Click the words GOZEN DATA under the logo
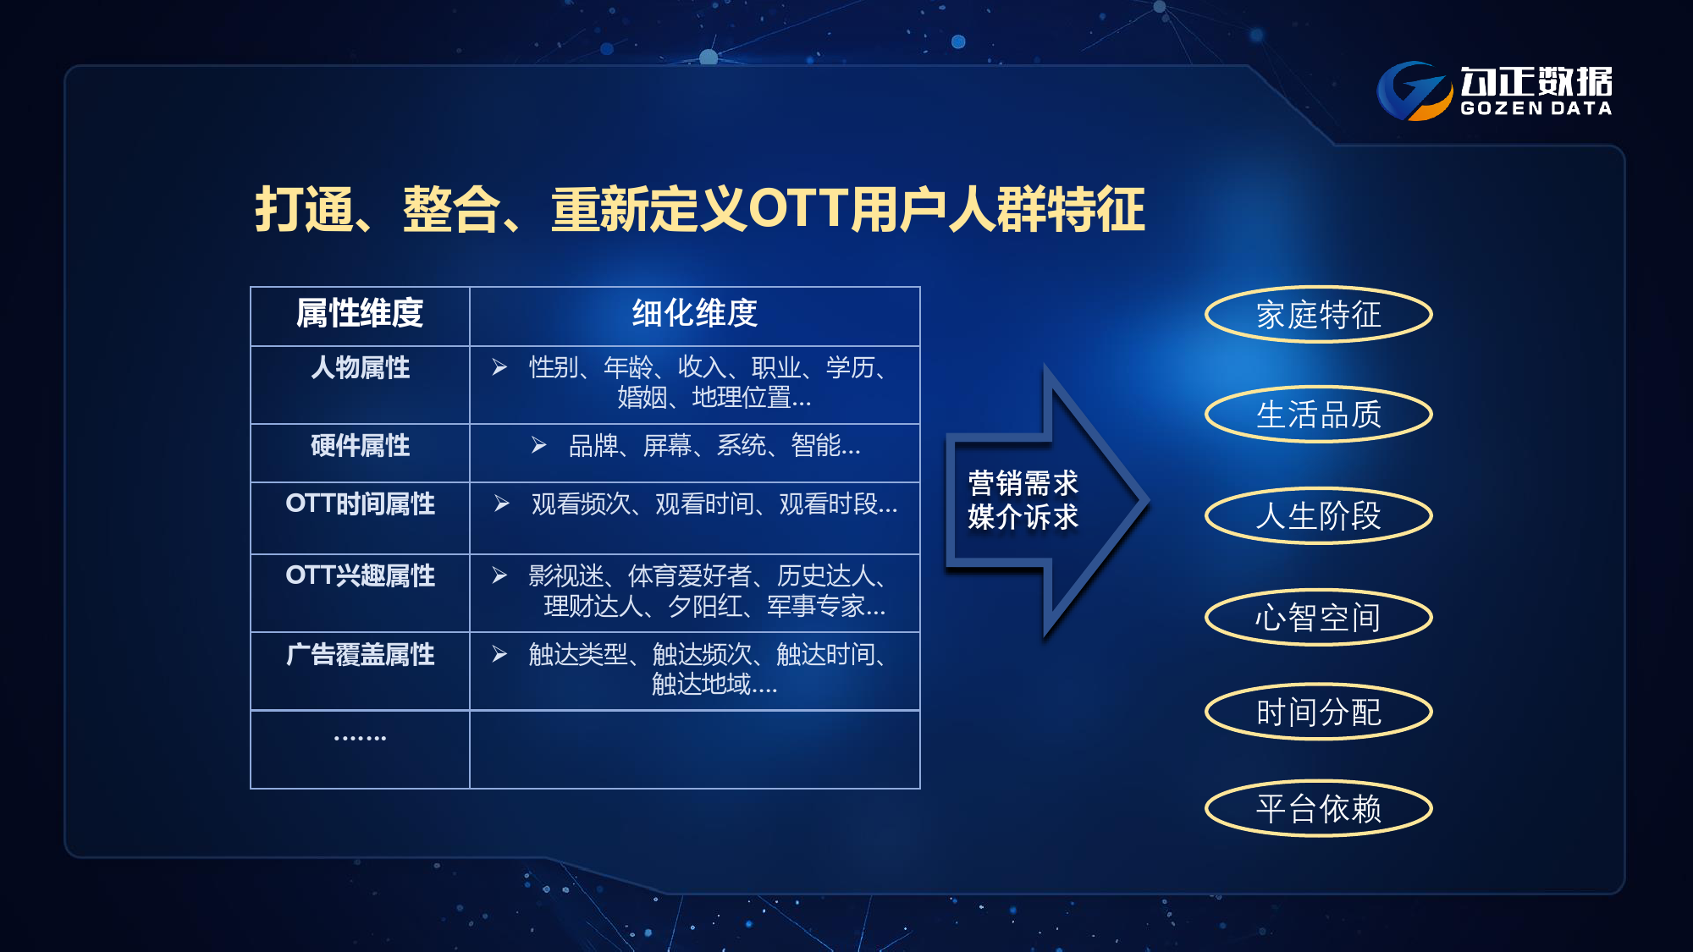1536,108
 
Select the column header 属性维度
360,313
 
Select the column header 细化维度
694,313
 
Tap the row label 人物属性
360,367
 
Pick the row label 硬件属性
360,445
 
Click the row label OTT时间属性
360,504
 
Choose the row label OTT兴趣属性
360,575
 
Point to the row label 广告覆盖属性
360,654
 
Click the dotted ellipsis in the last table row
360,738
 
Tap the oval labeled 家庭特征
1319,315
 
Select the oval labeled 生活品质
1319,415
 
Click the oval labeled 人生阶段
1319,515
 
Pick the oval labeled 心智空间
1319,617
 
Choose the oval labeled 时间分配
1319,712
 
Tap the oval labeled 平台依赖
1319,808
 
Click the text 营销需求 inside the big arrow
1023,483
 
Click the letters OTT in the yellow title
799,209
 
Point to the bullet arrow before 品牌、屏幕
539,445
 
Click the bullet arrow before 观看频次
502,504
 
